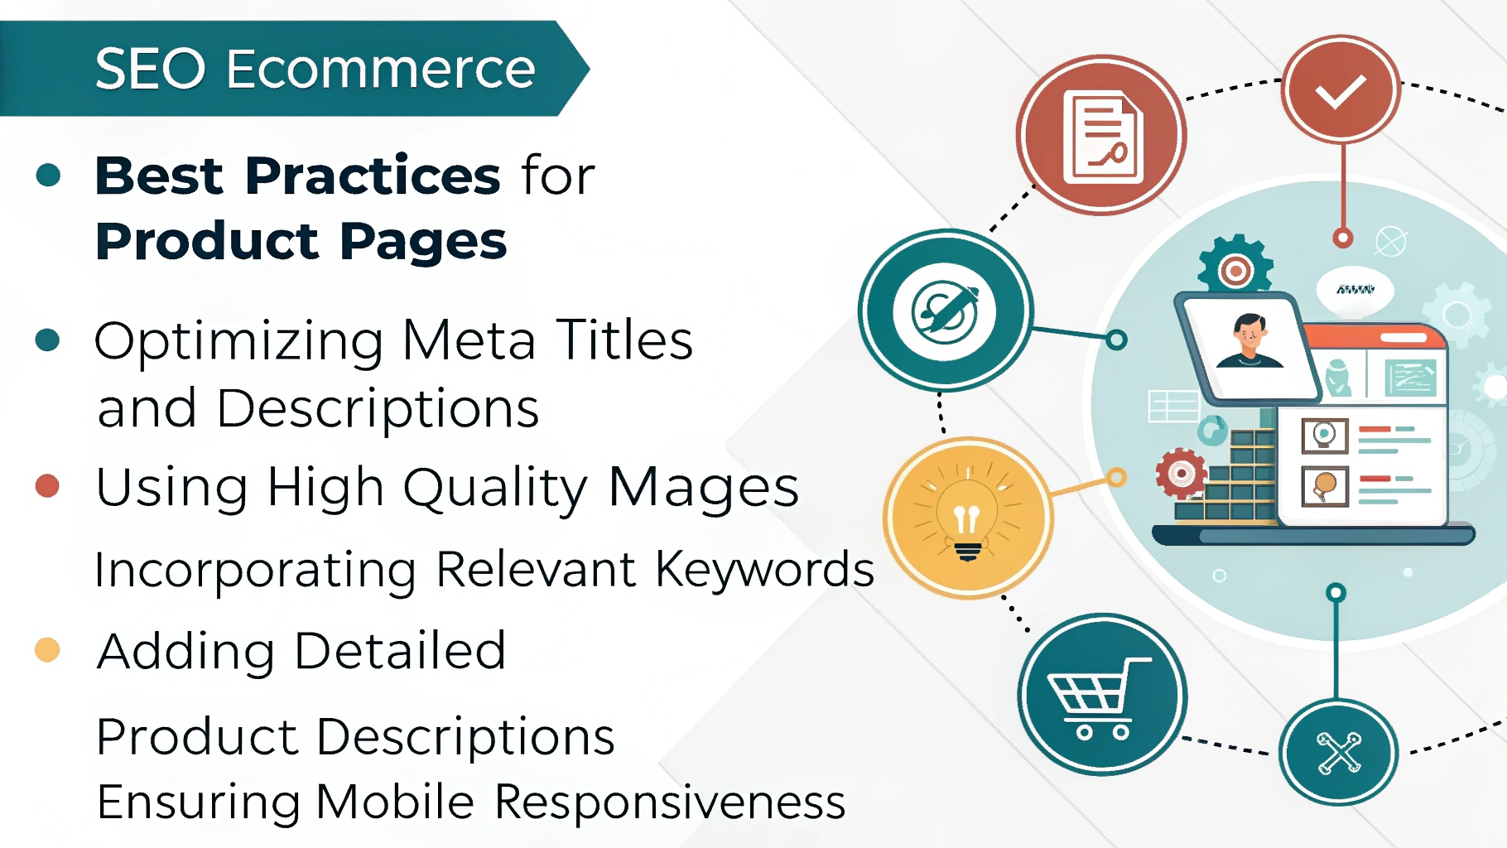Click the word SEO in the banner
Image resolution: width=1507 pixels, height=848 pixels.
tap(150, 69)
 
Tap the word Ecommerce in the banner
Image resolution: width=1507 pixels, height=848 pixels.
tap(381, 69)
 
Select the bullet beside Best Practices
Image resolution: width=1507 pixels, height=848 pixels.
tap(49, 175)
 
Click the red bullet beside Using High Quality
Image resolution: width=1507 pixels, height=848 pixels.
tap(48, 485)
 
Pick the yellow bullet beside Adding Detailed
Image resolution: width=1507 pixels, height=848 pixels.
tap(48, 650)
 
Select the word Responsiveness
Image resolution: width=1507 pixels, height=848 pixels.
tap(670, 802)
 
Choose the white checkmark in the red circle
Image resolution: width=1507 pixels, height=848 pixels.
tap(1341, 90)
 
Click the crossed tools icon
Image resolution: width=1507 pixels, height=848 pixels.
tap(1339, 752)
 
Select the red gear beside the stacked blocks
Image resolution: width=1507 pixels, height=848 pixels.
tap(1181, 474)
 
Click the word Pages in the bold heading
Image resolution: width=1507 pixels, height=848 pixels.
tap(423, 242)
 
